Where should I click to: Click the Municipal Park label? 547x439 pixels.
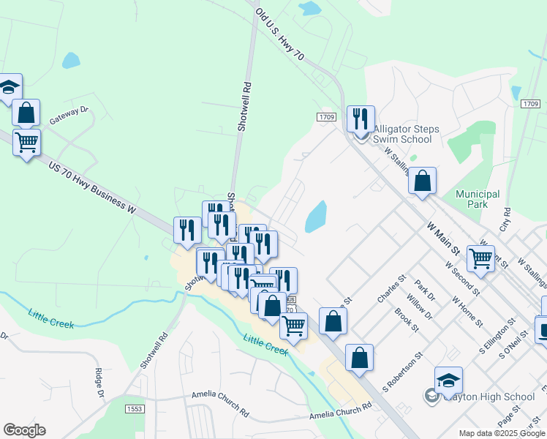478,199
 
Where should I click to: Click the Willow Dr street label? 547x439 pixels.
420,307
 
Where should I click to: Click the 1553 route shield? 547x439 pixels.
135,409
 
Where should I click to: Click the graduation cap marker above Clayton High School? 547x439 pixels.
448,380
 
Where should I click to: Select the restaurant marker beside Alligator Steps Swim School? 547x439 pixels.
361,118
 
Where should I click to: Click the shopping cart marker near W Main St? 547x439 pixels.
480,258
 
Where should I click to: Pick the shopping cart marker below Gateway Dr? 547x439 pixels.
27,141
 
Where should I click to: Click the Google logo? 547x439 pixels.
24,430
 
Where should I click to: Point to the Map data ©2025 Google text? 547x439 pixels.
501,433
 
